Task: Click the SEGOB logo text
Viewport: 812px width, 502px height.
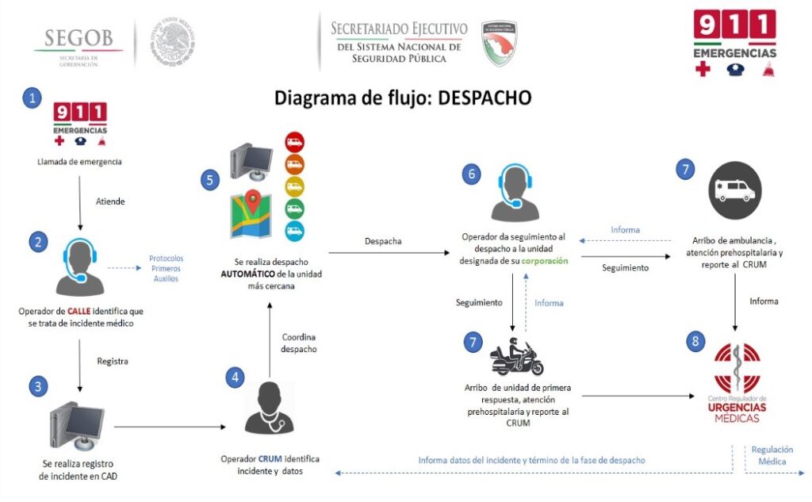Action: (x=79, y=37)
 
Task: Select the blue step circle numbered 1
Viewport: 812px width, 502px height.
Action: (x=32, y=98)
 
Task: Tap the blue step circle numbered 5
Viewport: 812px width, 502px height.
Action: (x=209, y=179)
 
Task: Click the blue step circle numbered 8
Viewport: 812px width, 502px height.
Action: (x=695, y=342)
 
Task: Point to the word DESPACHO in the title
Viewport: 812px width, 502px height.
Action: (x=485, y=98)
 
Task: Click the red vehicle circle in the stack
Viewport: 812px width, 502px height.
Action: (x=295, y=144)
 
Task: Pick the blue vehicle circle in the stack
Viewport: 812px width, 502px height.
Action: (x=295, y=232)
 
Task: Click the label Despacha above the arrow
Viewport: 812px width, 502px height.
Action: (x=383, y=241)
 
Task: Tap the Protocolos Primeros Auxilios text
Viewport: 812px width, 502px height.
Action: (x=167, y=268)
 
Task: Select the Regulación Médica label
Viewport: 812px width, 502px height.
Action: (x=772, y=455)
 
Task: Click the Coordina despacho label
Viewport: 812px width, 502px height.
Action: (x=299, y=343)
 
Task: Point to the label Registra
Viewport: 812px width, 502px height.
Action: (x=113, y=361)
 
